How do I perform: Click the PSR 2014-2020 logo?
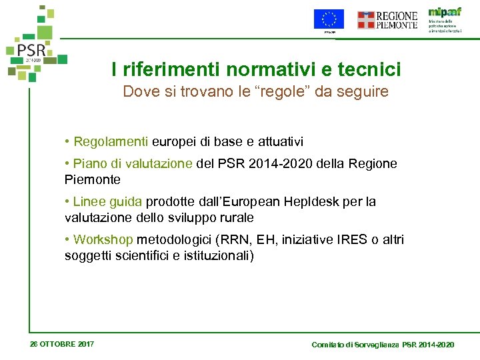tap(35, 45)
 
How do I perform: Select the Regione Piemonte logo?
tap(387, 20)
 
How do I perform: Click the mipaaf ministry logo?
tap(445, 21)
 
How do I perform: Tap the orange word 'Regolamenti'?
tap(111, 141)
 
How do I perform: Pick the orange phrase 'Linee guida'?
tap(108, 201)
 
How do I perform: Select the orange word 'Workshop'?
tap(103, 239)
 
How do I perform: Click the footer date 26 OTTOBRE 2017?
tap(62, 344)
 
